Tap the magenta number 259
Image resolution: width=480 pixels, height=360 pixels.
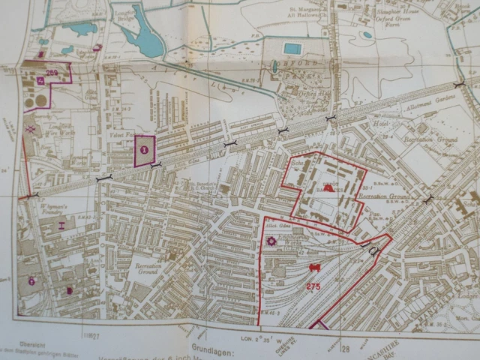(52, 72)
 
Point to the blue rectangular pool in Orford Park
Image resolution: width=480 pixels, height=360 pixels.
(293, 49)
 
